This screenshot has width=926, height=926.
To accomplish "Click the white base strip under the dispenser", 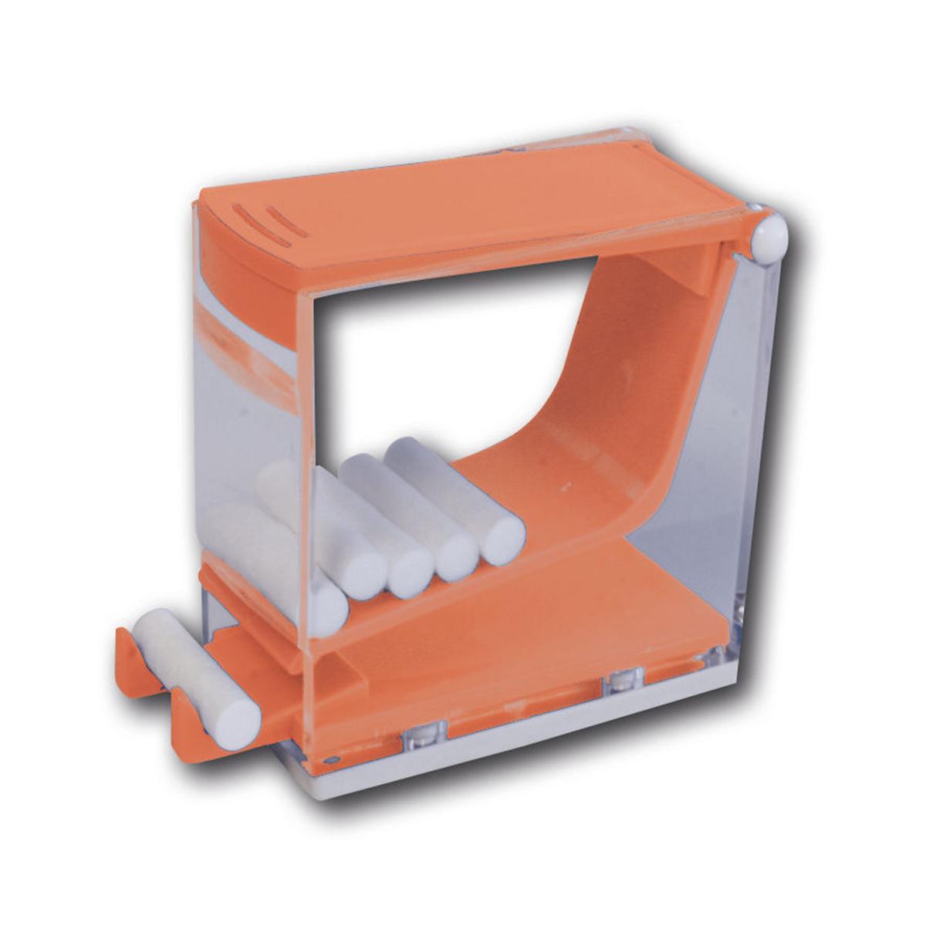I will click(540, 741).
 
